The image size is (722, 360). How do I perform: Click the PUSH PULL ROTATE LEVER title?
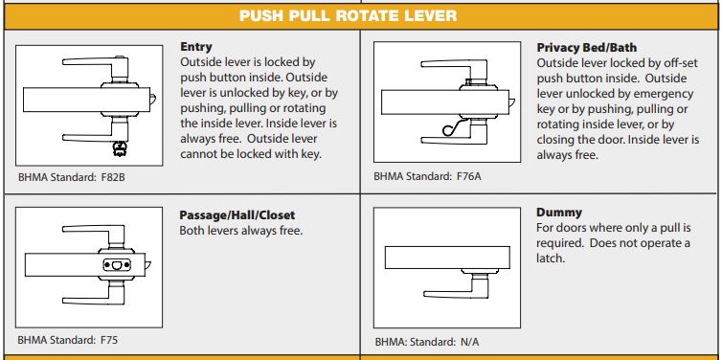tap(361, 16)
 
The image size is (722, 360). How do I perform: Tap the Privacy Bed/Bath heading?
tap(587, 46)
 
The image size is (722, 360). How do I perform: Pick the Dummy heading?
tap(559, 212)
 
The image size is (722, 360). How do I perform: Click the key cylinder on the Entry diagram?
tap(121, 147)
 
